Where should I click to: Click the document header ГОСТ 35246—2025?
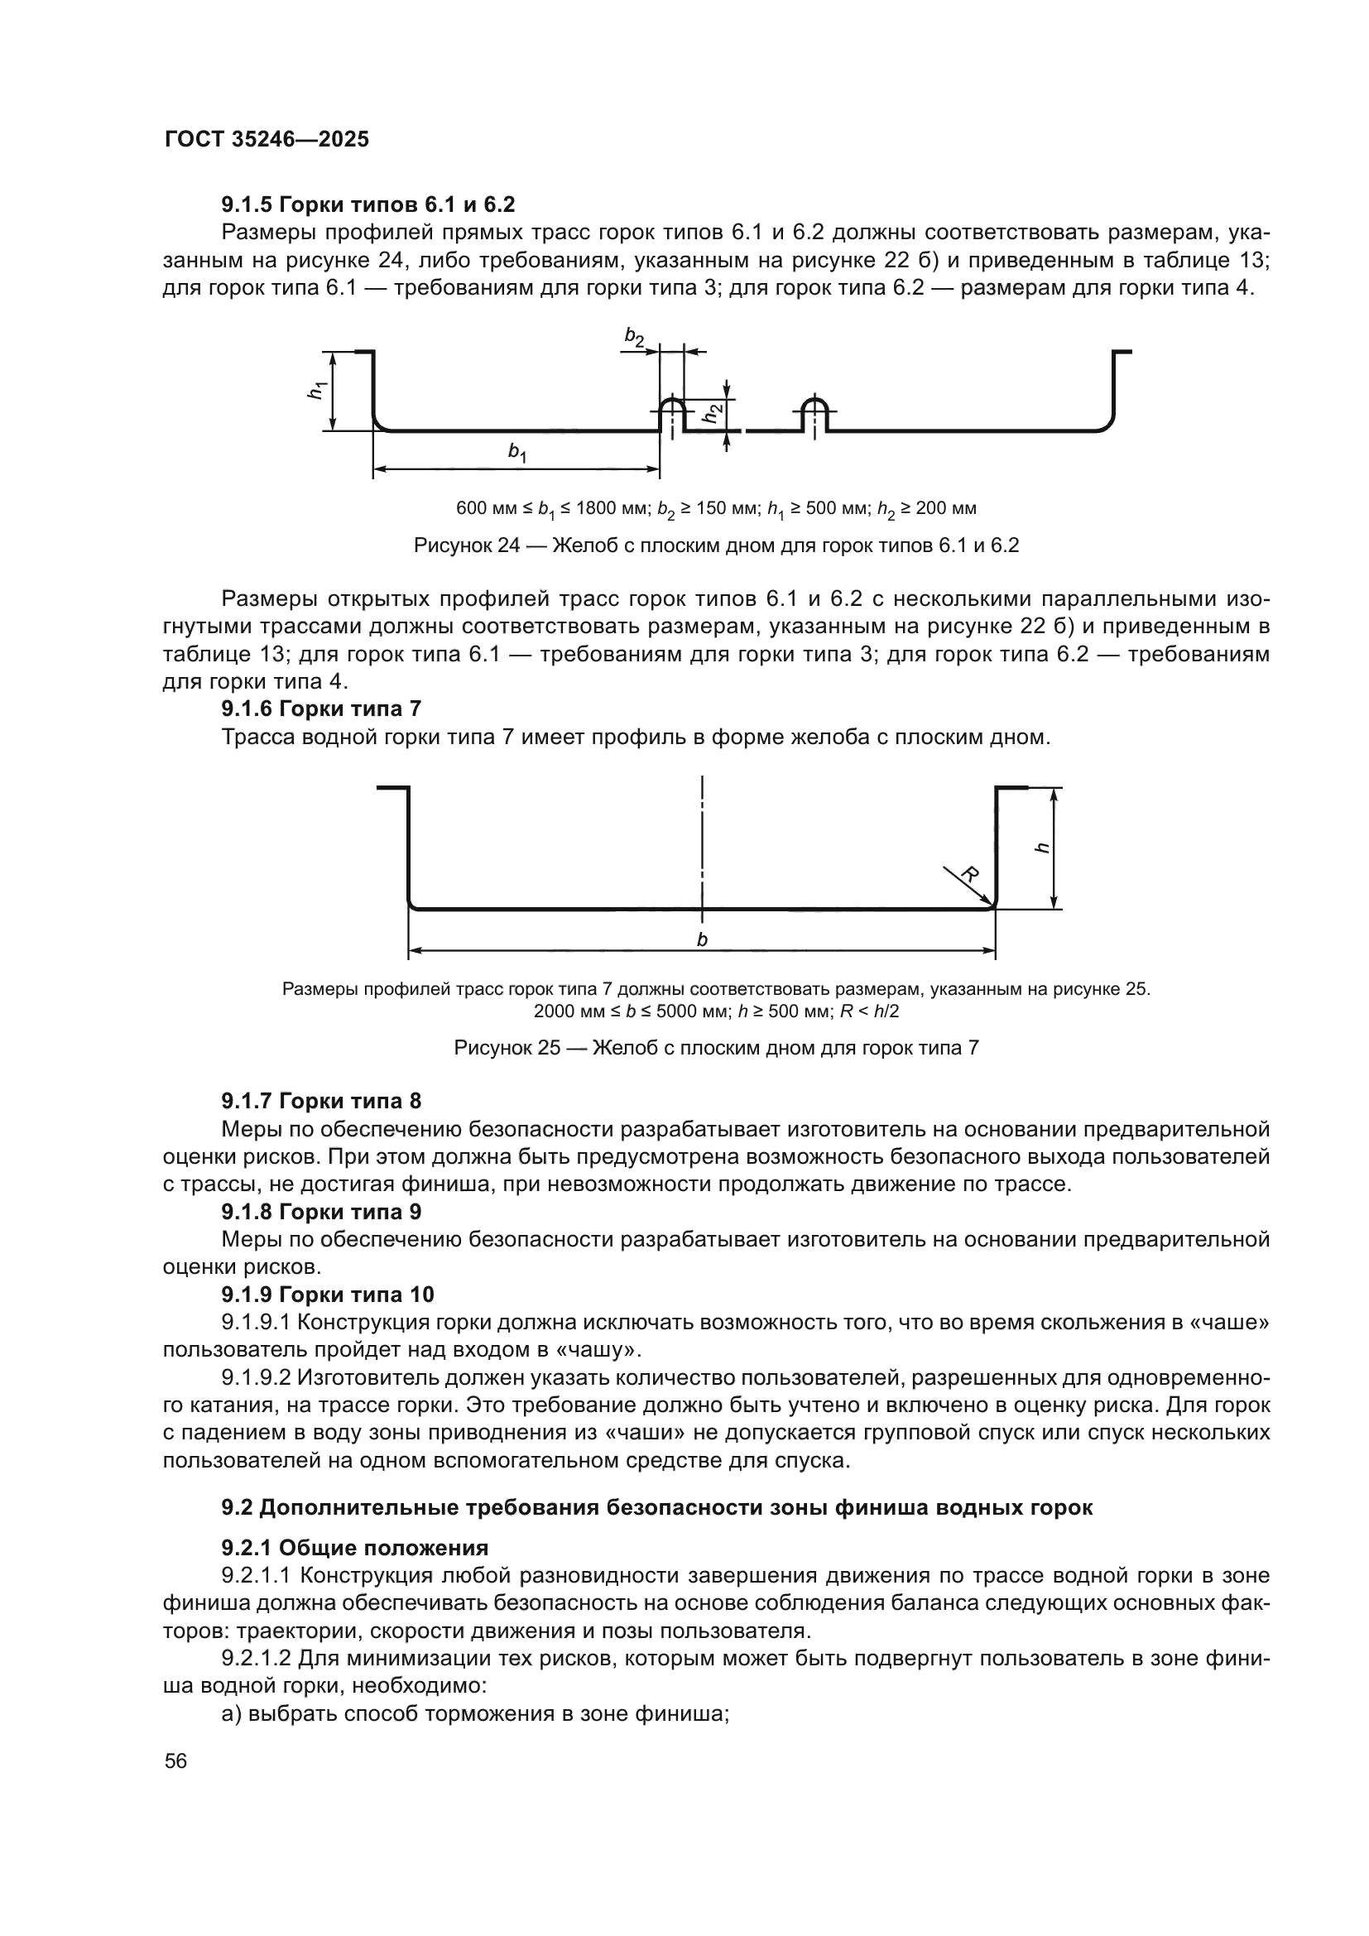tap(267, 140)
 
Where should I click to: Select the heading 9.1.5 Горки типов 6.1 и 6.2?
tap(367, 205)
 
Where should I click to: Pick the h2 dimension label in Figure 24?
tap(713, 413)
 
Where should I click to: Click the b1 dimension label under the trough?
tap(516, 453)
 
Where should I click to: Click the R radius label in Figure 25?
tap(970, 874)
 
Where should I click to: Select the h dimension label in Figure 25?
tap(1043, 848)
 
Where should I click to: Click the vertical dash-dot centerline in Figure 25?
tap(702, 843)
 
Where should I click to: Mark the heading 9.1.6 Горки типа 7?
tap(321, 709)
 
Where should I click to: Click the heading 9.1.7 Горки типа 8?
tap(321, 1101)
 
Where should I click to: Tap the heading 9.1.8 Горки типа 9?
tap(321, 1213)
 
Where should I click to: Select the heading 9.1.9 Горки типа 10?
tap(327, 1295)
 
